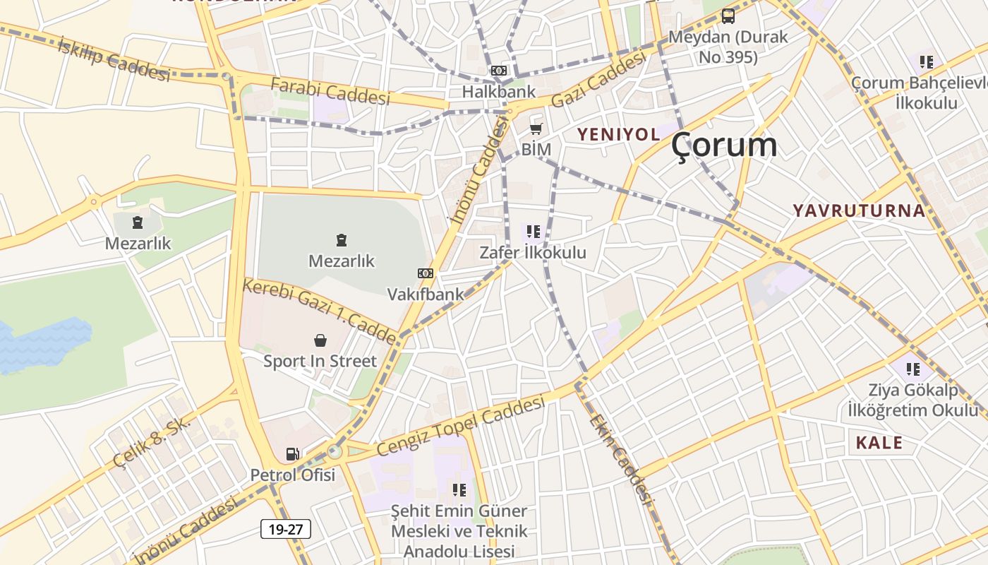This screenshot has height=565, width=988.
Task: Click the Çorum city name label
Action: (724, 145)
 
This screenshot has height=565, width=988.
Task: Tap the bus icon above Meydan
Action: (728, 16)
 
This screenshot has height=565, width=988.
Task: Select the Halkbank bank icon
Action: (499, 71)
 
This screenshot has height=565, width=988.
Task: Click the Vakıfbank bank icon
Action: (426, 273)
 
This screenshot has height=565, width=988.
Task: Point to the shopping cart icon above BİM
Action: (536, 129)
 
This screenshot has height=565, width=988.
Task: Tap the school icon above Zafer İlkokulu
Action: (533, 231)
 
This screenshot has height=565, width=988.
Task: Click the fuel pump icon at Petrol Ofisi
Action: (292, 453)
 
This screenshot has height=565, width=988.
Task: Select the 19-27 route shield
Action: (286, 529)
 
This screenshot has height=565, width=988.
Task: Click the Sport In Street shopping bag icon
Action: (320, 340)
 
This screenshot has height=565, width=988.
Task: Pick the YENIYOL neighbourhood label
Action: (619, 134)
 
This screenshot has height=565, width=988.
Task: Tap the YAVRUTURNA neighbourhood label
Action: (858, 210)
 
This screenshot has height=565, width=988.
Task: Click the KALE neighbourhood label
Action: (879, 443)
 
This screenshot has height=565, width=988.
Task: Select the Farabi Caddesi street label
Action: (330, 91)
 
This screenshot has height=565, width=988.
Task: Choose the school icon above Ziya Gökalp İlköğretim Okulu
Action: (913, 369)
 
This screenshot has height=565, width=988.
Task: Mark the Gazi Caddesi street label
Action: (598, 81)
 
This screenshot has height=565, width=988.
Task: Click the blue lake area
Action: (42, 345)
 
